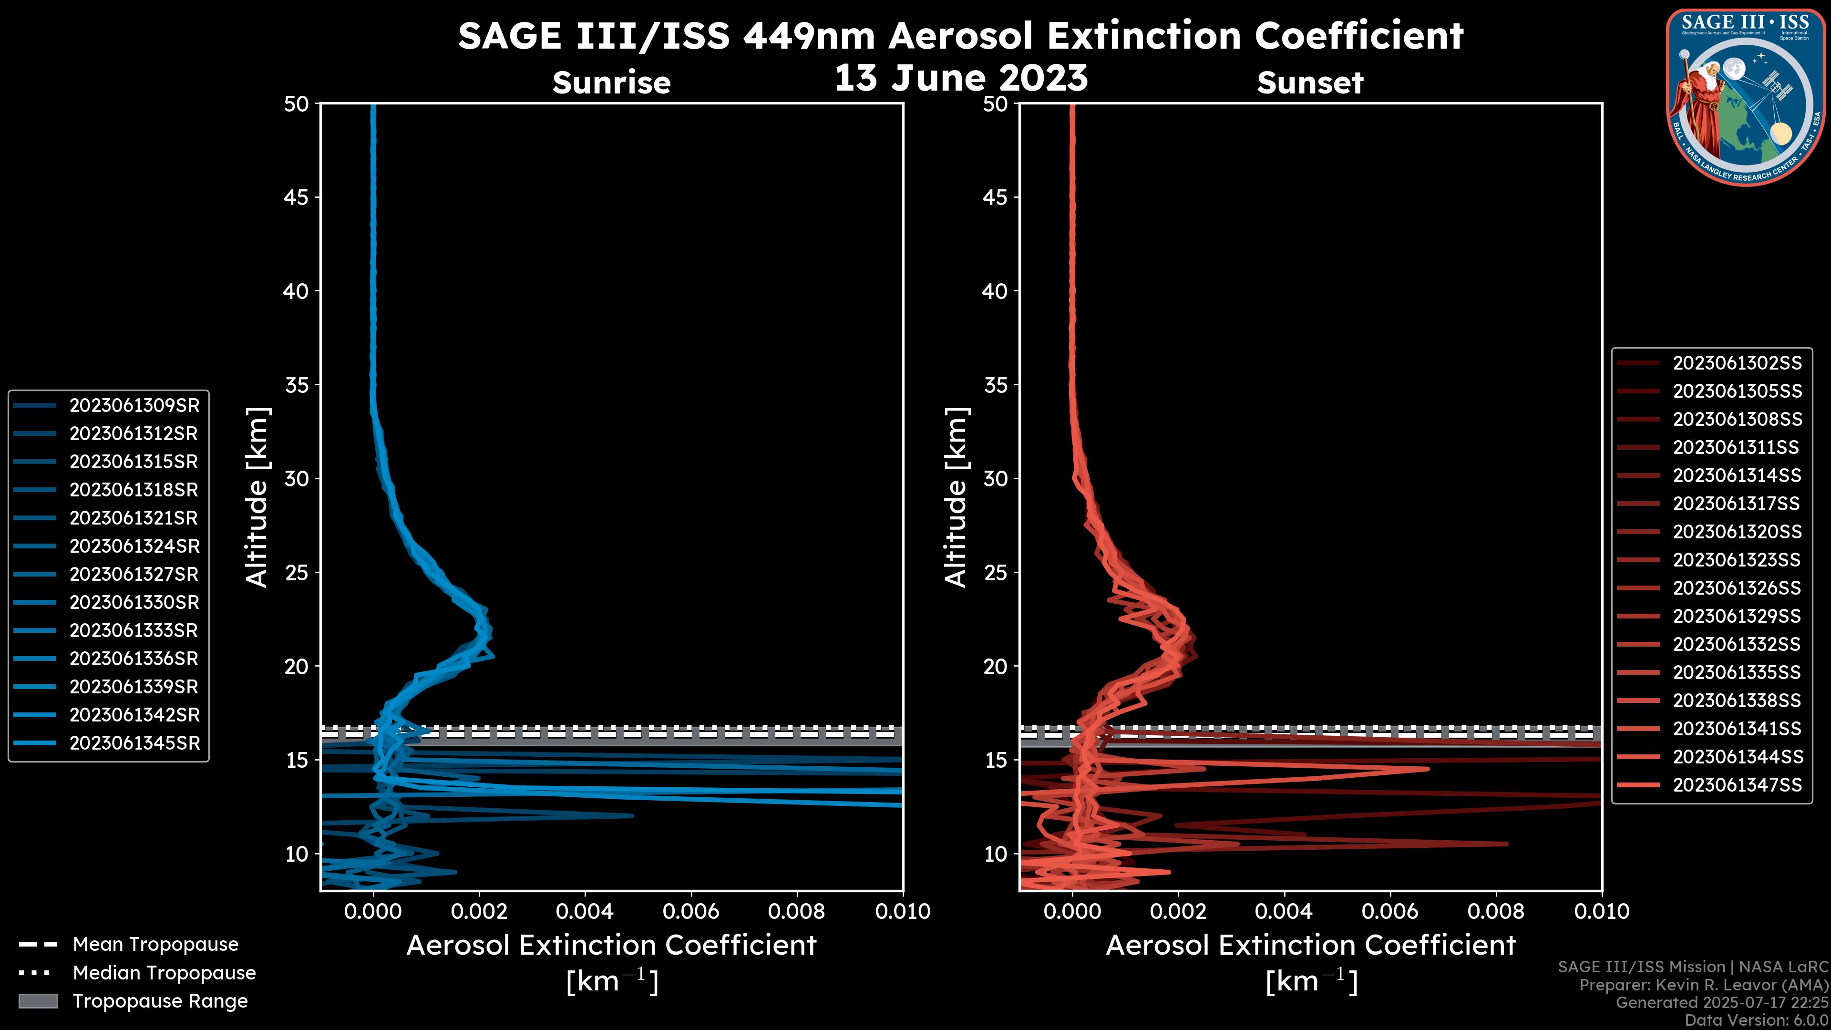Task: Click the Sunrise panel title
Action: [611, 82]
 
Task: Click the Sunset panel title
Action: [1310, 82]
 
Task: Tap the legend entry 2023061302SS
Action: [1737, 363]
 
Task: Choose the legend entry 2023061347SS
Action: [1737, 785]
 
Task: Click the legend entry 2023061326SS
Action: [1737, 588]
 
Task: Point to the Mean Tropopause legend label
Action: [155, 944]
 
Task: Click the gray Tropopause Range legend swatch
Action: [38, 1001]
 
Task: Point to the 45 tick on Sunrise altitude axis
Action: [297, 197]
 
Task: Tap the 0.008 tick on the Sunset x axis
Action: [1496, 911]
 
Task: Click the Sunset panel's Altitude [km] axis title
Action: [956, 497]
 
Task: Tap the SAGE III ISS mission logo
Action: [1744, 96]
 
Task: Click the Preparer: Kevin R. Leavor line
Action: [1703, 985]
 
